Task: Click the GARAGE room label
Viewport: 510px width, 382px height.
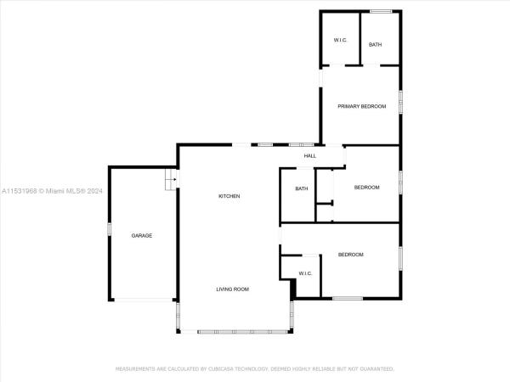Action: coord(142,235)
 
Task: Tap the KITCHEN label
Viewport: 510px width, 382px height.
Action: coord(229,196)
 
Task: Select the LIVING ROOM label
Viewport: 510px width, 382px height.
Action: coord(233,289)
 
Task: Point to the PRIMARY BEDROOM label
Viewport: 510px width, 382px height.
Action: coord(362,106)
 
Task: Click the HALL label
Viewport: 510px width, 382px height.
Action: coord(310,156)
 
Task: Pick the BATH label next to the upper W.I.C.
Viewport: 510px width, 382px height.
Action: coord(376,44)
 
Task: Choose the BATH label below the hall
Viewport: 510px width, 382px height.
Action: coord(302,188)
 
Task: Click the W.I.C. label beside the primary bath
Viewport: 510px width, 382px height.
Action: coord(340,40)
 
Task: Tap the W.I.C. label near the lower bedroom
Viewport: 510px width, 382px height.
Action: coord(305,273)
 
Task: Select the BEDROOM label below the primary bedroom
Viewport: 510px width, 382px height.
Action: coord(367,188)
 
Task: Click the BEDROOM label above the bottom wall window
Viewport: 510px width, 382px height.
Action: coord(350,255)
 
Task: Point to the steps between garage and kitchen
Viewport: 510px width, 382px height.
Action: coord(171,179)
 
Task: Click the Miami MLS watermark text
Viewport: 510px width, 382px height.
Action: coord(52,191)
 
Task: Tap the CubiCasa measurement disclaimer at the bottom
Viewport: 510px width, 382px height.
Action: coord(255,369)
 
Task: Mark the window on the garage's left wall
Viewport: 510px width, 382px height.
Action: coord(110,229)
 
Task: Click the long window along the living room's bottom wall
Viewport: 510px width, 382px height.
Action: coord(242,332)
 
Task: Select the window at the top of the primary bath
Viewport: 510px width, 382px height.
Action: coord(381,12)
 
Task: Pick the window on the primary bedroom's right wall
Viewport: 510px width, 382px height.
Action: coord(400,102)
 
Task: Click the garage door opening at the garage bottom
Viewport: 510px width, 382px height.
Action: coord(144,300)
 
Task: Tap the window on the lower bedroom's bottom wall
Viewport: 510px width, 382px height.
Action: coord(348,298)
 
